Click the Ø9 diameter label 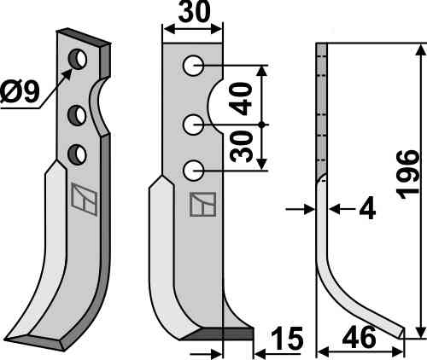coord(19,91)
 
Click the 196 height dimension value coord(408,175)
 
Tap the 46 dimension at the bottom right coord(359,337)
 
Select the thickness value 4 coord(367,209)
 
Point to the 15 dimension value coord(287,339)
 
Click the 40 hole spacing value coord(241,99)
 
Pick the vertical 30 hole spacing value coord(242,147)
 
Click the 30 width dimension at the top coord(194,11)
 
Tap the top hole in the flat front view coord(193,66)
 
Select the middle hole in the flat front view coord(193,125)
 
